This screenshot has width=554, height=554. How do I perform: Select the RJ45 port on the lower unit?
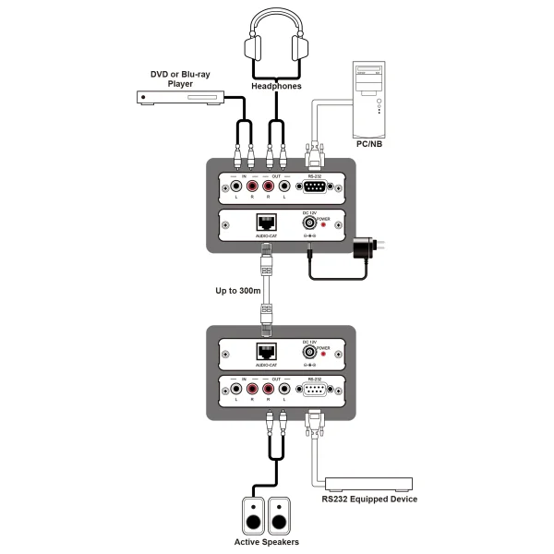coord(266,351)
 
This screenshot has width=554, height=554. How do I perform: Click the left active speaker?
coord(253,516)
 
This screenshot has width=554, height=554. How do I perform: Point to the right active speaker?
coord(280,516)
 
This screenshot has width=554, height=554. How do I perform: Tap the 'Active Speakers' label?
coord(267,542)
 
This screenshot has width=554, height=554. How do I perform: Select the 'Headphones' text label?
coord(277,87)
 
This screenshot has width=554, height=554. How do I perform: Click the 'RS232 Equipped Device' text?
coord(369,500)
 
